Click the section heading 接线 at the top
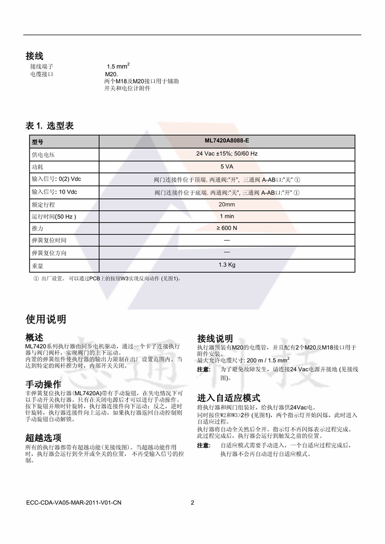click(34, 56)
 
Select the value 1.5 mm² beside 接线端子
click(118, 66)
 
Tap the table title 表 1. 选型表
click(49, 126)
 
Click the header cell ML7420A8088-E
click(226, 140)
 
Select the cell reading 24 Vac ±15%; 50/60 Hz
click(226, 153)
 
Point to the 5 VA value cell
click(226, 166)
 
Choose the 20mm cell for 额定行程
click(226, 205)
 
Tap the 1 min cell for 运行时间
click(226, 216)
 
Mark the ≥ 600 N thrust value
click(226, 228)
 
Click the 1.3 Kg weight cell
click(226, 265)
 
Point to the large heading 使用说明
click(46, 319)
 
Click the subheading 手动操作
click(44, 384)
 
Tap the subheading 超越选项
click(44, 437)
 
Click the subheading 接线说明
click(215, 338)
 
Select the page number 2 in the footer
click(192, 502)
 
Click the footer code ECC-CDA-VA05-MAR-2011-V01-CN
click(73, 502)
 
